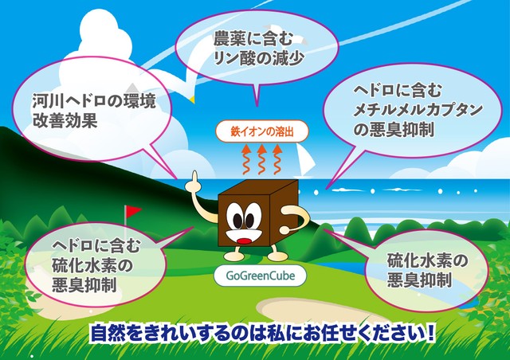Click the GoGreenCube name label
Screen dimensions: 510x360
(261, 276)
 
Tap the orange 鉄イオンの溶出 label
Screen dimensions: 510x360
(262, 131)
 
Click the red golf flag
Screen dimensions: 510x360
(133, 211)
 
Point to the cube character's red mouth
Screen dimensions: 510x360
(244, 241)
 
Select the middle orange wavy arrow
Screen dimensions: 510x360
(261, 159)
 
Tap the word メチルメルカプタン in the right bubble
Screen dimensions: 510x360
(418, 110)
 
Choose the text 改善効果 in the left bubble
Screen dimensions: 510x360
(65, 120)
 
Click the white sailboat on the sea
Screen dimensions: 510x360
(305, 160)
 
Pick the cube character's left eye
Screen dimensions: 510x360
(237, 221)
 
